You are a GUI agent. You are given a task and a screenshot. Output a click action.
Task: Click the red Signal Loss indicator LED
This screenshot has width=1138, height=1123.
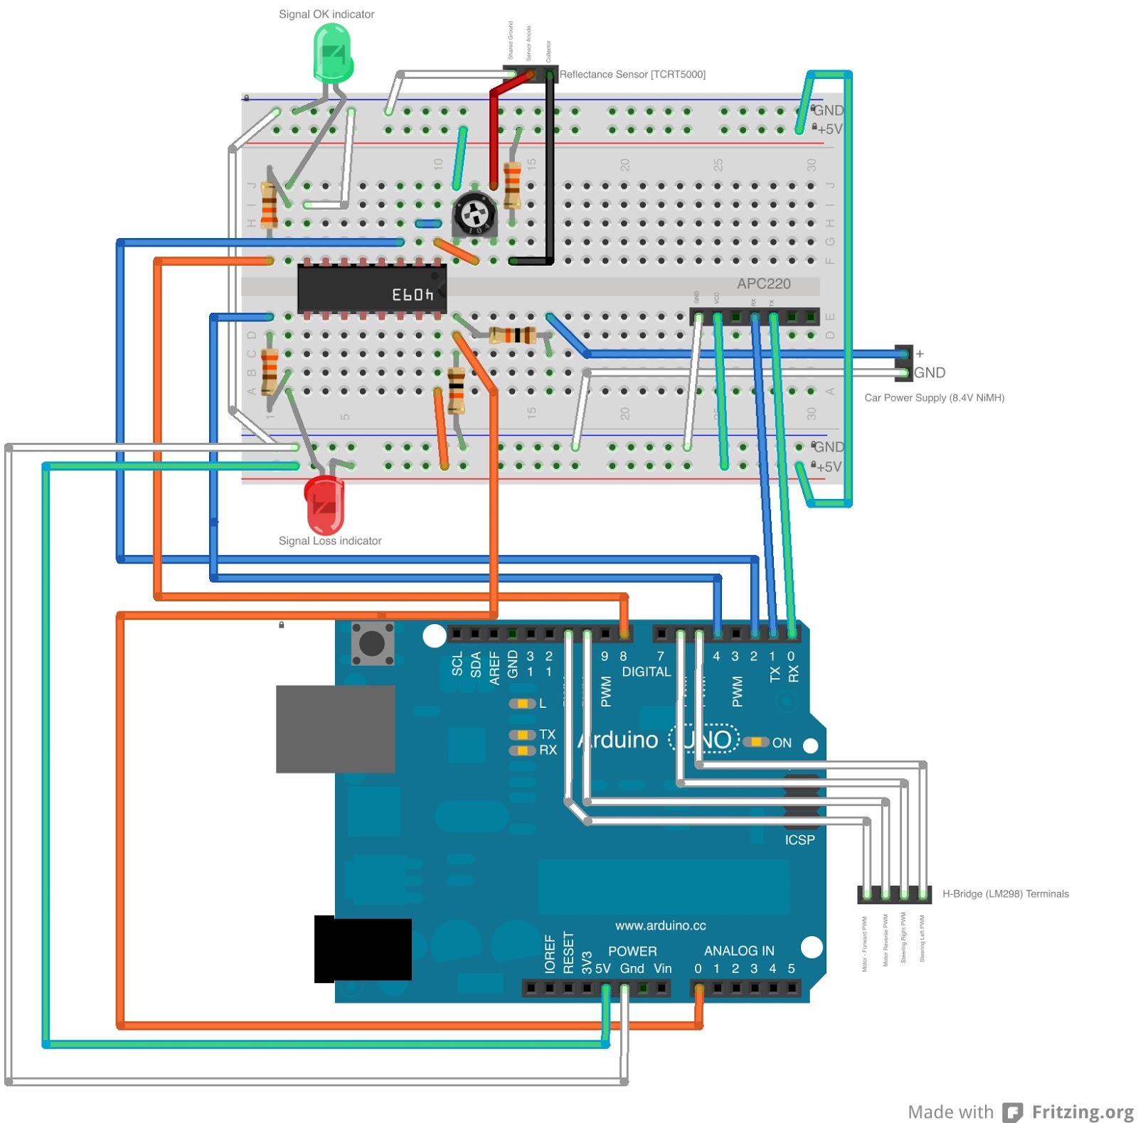tap(324, 503)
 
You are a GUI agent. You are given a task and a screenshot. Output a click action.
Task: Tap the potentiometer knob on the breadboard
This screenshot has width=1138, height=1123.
tap(474, 213)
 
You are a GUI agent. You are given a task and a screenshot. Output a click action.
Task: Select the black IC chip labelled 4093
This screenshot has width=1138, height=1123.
tap(371, 289)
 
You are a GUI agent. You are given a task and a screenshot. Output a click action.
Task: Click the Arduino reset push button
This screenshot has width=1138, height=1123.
tap(372, 643)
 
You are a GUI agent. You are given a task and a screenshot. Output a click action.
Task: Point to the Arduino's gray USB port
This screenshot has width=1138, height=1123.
tap(335, 729)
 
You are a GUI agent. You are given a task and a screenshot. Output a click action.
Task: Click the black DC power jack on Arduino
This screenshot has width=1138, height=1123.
tap(363, 949)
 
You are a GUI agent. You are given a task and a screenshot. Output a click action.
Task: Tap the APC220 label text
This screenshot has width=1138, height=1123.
tap(763, 284)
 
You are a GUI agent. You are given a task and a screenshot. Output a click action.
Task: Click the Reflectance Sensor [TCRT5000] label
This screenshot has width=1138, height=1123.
tap(632, 74)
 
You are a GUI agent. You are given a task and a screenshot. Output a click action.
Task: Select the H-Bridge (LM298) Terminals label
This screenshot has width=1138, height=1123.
tap(1005, 893)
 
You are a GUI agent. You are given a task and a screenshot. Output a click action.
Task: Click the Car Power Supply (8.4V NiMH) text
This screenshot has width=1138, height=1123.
tap(934, 397)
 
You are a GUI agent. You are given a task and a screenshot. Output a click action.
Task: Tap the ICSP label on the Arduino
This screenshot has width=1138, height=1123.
tap(799, 839)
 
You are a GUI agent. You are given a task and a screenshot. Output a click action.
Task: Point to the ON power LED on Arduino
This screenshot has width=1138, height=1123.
tap(756, 742)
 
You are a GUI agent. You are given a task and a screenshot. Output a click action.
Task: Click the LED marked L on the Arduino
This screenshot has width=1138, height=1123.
tap(522, 703)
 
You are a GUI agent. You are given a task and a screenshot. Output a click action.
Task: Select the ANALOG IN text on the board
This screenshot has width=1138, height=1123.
tap(738, 950)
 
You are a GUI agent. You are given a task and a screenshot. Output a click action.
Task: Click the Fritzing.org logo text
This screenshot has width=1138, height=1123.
tap(1082, 1112)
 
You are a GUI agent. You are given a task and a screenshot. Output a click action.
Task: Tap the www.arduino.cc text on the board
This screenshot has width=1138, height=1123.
tap(660, 925)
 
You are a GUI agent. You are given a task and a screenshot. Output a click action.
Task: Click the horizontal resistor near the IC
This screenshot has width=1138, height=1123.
tap(512, 335)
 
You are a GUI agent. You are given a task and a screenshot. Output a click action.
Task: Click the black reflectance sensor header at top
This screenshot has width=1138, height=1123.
tap(530, 74)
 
